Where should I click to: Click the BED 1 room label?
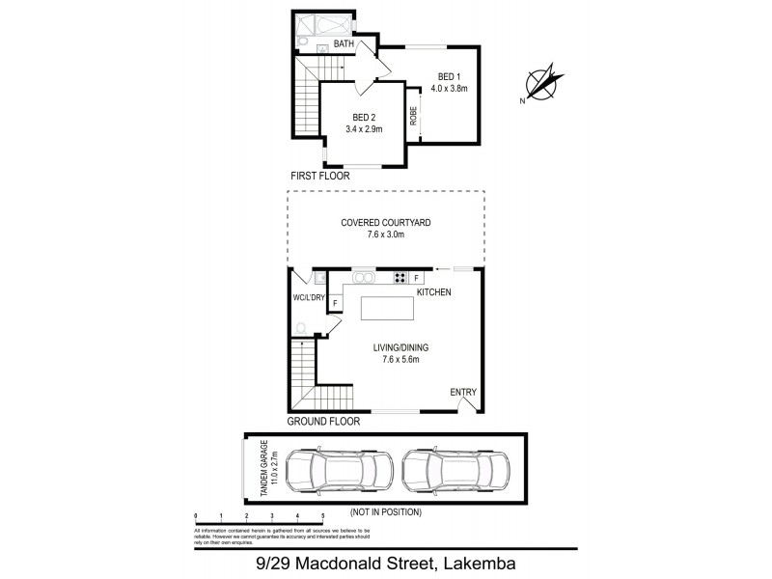448,76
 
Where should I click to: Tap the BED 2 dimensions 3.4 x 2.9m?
364,129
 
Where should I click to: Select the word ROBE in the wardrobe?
413,116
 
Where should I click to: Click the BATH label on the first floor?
343,44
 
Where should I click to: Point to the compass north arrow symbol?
541,82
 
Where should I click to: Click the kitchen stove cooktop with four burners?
400,279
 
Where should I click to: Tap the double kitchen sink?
364,279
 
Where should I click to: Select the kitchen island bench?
388,309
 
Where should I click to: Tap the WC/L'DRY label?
309,298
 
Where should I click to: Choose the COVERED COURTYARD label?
385,222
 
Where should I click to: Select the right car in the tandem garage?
455,469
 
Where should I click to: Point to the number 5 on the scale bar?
322,516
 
